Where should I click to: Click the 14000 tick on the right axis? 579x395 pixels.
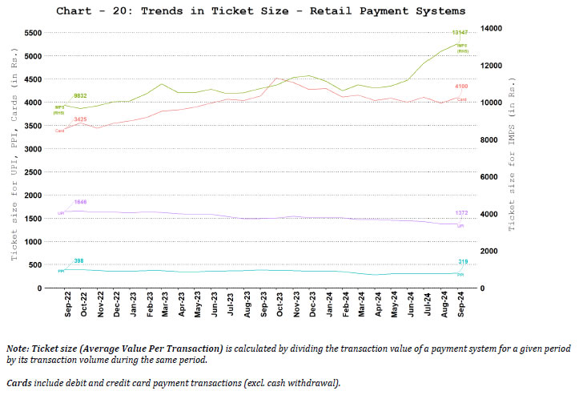[490, 28]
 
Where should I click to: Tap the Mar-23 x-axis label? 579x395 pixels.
[166, 306]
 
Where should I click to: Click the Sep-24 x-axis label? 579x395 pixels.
[462, 306]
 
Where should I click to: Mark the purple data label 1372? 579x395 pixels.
[461, 213]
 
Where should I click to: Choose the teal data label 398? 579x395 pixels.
[78, 260]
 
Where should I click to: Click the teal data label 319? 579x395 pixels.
[462, 262]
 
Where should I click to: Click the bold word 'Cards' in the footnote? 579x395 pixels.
[20, 383]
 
